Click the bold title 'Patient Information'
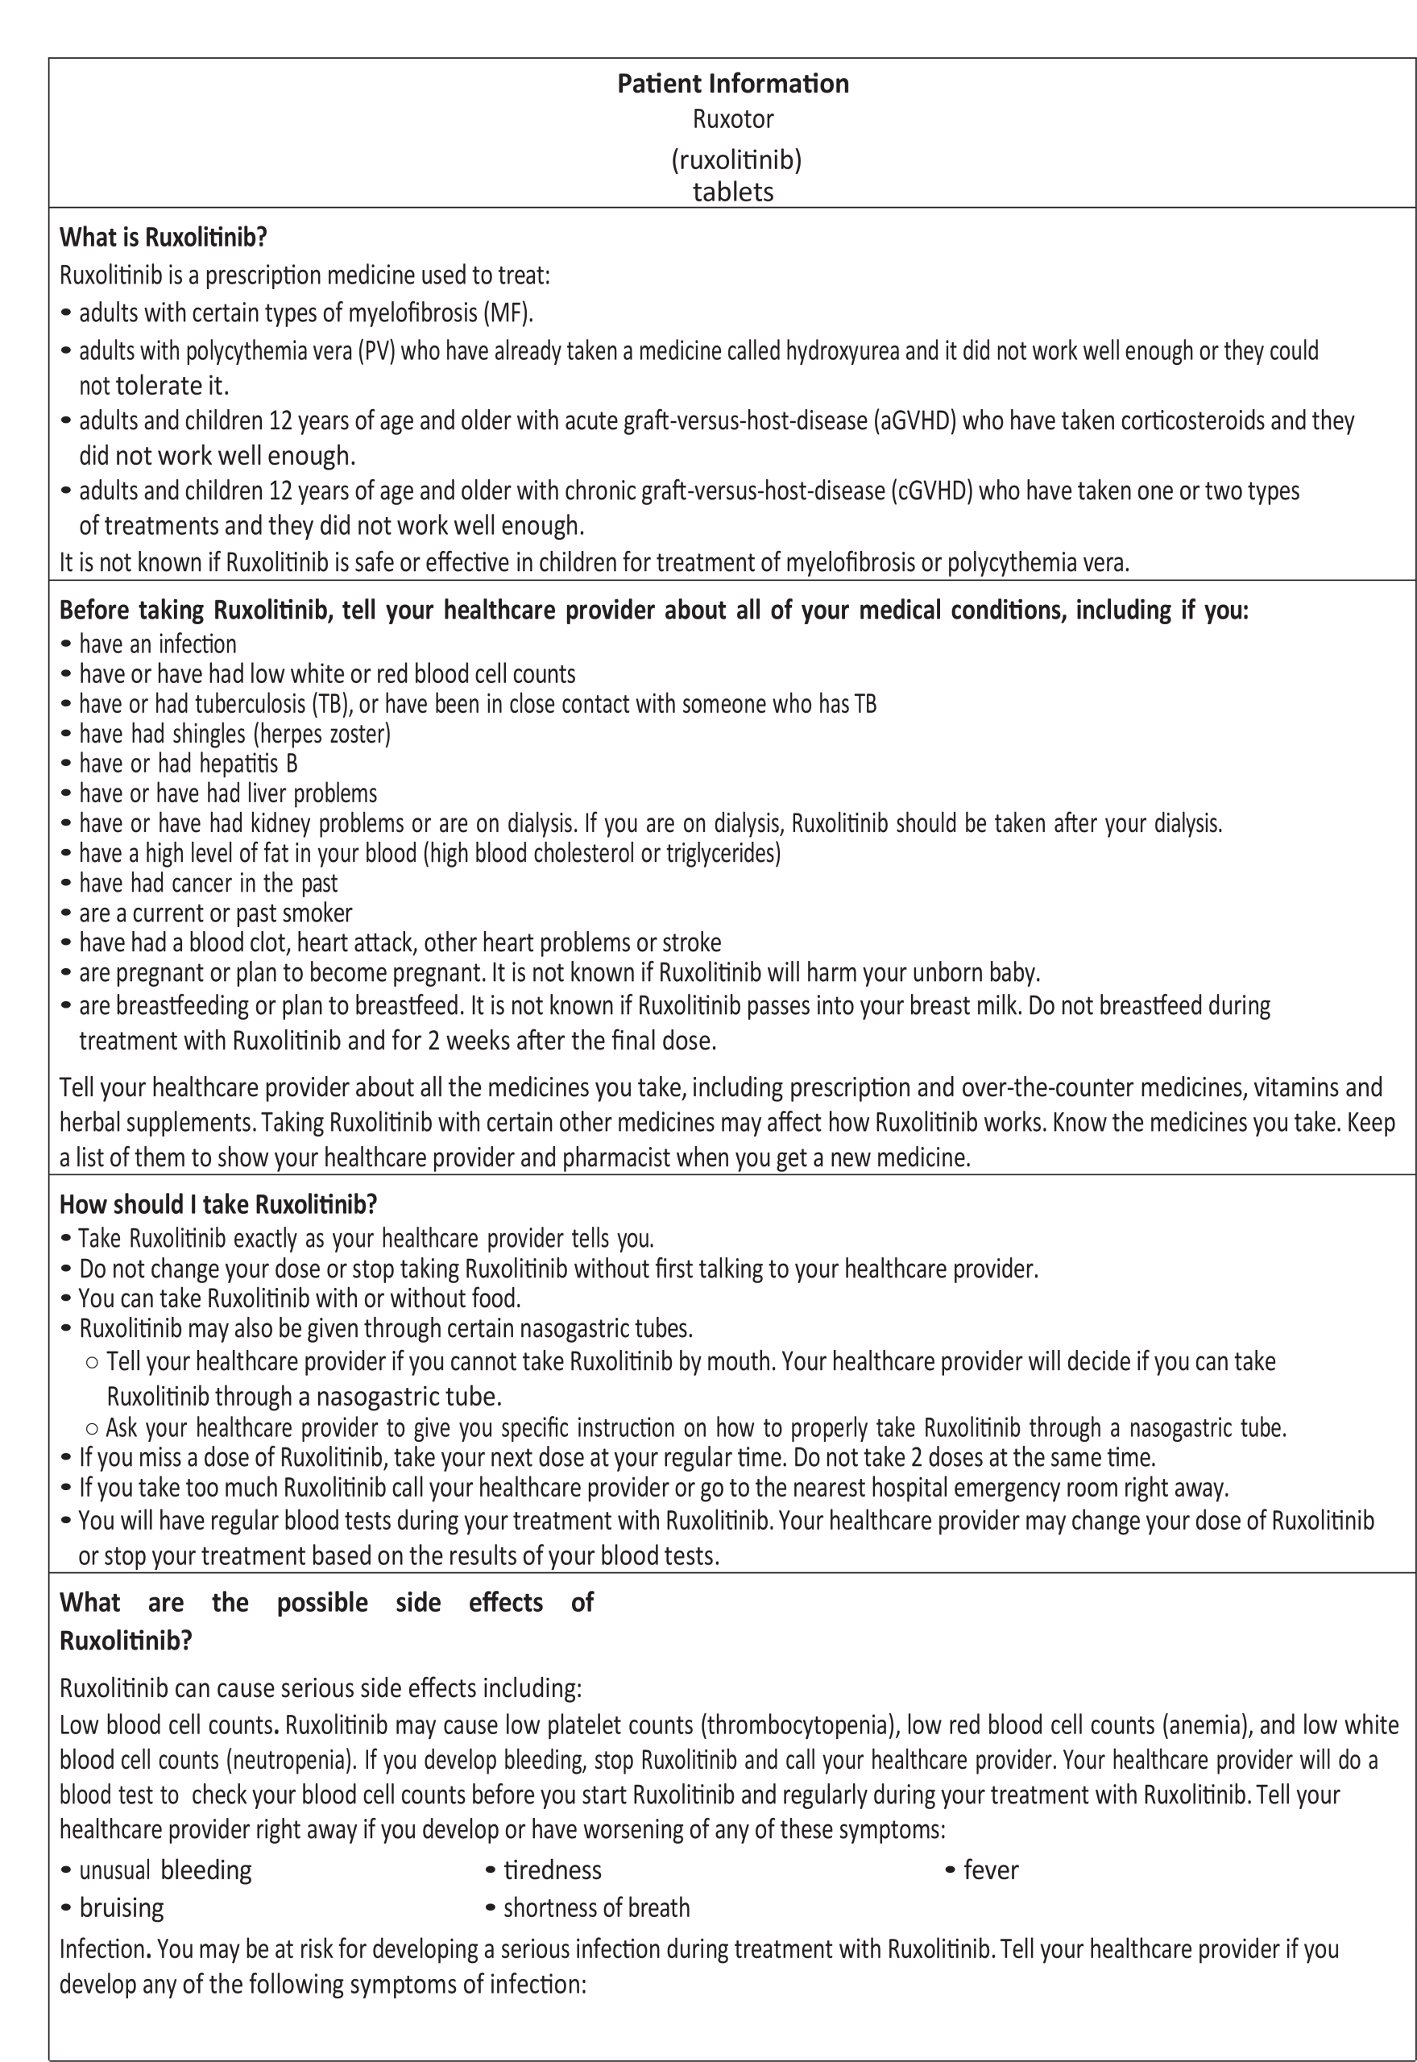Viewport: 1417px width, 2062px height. [x=732, y=84]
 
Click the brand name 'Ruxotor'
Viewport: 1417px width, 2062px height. [x=732, y=119]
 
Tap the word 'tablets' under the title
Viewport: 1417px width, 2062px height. [x=732, y=192]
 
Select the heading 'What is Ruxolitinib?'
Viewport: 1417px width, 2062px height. [x=164, y=237]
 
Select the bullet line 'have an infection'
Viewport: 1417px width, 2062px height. [x=157, y=644]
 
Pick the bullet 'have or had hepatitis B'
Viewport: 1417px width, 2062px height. [x=188, y=764]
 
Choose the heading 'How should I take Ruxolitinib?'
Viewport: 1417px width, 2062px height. [x=218, y=1203]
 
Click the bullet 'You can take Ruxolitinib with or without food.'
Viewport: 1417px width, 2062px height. [x=299, y=1298]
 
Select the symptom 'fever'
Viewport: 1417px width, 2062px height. [x=991, y=1870]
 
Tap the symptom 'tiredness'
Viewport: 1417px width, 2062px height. [x=553, y=1870]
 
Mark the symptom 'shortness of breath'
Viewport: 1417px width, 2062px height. [x=596, y=1907]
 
